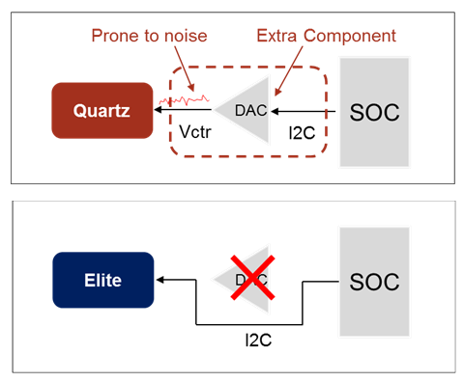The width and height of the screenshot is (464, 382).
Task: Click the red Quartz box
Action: point(102,109)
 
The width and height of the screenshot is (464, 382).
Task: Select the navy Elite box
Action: point(102,280)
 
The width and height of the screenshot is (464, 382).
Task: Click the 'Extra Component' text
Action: point(327,36)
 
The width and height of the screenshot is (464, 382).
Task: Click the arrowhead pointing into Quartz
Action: point(161,110)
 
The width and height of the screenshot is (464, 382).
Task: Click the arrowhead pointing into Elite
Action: point(161,280)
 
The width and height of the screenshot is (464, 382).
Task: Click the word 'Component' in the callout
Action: point(350,36)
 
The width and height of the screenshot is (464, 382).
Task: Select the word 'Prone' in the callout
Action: point(114,36)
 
